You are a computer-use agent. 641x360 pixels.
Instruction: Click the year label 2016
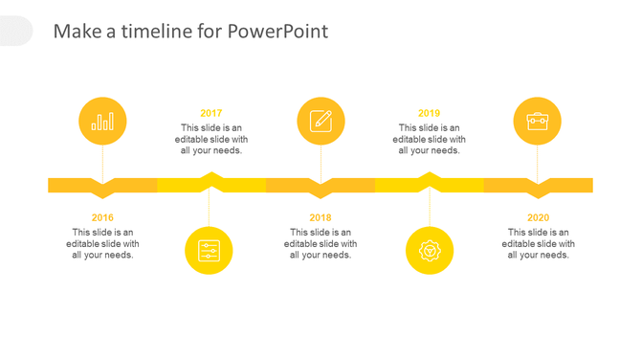click(x=102, y=217)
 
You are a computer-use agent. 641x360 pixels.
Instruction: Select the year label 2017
click(x=211, y=113)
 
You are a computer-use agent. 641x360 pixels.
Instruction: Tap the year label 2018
click(x=320, y=217)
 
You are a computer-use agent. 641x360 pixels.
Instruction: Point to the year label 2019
click(x=430, y=113)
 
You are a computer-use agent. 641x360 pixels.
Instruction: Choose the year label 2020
click(x=539, y=217)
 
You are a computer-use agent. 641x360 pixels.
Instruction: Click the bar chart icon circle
click(x=102, y=122)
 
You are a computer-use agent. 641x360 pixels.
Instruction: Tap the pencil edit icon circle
click(x=320, y=122)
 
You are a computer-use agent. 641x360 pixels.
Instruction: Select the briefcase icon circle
click(x=538, y=122)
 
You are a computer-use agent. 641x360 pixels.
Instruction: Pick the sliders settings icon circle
click(x=209, y=251)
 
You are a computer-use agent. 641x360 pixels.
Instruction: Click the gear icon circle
click(x=430, y=251)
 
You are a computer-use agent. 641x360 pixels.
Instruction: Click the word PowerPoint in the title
click(x=277, y=32)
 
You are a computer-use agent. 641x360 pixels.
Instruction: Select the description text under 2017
click(x=211, y=139)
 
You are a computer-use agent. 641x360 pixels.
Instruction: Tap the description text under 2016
click(x=102, y=243)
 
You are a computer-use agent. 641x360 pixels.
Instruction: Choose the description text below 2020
click(x=539, y=243)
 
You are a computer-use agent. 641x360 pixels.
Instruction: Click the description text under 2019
click(x=430, y=139)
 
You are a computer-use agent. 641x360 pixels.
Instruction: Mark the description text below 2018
click(x=320, y=243)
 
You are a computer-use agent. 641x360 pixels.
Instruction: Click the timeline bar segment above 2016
click(x=77, y=185)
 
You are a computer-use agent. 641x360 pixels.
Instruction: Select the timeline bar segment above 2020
click(x=564, y=185)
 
